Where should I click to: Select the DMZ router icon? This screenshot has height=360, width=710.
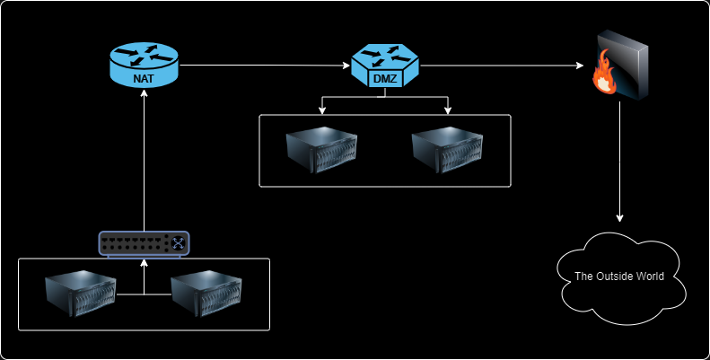[384, 65]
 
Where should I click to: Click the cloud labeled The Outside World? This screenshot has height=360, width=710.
[619, 277]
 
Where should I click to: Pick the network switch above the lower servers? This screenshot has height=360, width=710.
[145, 242]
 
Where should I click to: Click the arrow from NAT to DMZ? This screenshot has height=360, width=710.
[265, 66]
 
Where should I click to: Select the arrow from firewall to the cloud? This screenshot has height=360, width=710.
[619, 162]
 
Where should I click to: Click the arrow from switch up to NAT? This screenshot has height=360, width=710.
[144, 162]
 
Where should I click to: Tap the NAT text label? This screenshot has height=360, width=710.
[144, 78]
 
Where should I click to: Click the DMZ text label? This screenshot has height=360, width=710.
[384, 79]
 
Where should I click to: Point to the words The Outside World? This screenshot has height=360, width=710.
[619, 277]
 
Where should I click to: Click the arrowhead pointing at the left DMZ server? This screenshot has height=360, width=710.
[322, 111]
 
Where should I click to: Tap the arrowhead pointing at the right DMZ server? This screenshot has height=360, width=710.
[447, 111]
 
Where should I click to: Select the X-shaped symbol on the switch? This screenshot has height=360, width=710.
[179, 242]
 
